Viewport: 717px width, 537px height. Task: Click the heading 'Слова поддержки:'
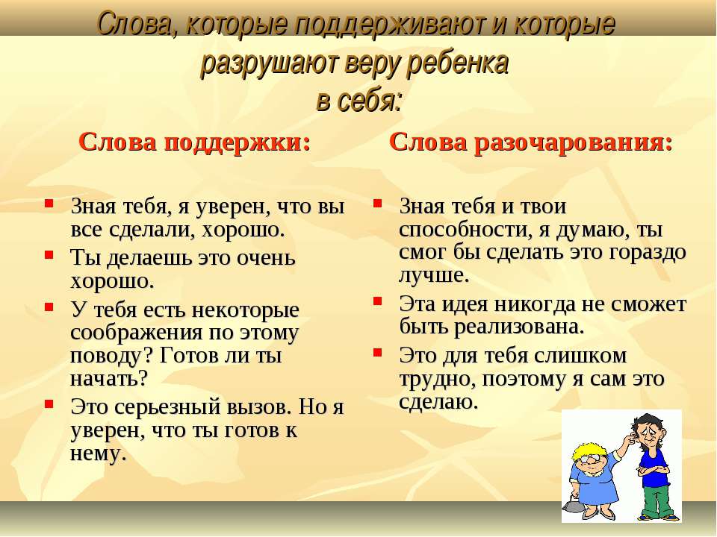(195, 142)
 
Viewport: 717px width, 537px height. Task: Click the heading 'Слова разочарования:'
(531, 142)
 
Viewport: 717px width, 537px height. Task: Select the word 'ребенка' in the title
(458, 63)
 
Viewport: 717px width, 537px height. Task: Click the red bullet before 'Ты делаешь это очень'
(49, 254)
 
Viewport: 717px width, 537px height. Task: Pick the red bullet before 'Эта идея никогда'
(377, 301)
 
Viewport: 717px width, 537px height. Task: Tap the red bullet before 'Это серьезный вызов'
(49, 403)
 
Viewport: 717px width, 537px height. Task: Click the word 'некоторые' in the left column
(246, 310)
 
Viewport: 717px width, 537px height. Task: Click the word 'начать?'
(109, 379)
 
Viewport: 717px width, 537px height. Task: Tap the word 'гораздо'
(648, 253)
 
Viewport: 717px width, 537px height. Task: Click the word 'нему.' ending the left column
(98, 453)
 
